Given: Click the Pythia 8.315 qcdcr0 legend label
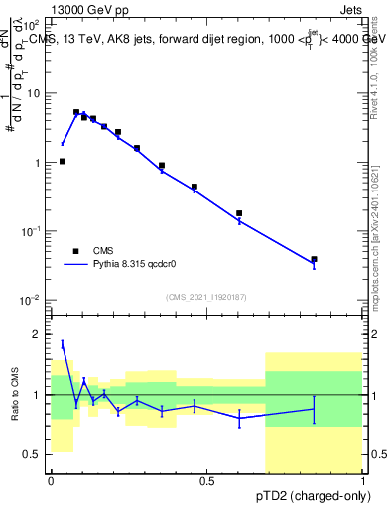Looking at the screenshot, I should pos(136,265).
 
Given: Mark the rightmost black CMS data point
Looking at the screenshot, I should pos(314,259).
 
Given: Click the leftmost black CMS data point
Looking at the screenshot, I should pos(63,161).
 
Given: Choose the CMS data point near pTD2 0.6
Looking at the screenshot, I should pos(239,213).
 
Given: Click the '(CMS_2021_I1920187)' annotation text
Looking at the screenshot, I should pos(205,297).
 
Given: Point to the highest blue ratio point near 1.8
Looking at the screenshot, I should pos(63,343).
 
